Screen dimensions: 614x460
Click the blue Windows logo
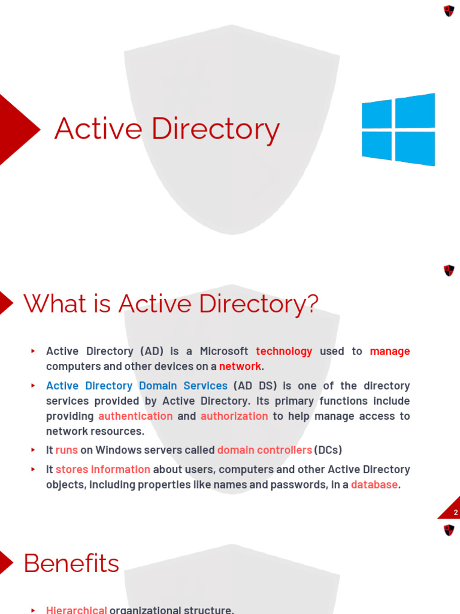pyautogui.click(x=398, y=130)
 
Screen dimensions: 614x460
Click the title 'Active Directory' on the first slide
pyautogui.click(x=167, y=130)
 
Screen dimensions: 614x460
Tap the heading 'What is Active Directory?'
pyautogui.click(x=171, y=304)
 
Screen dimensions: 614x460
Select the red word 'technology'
pyautogui.click(x=284, y=351)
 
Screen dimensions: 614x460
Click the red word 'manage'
pyautogui.click(x=390, y=351)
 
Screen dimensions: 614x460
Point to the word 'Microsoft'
pyautogui.click(x=224, y=351)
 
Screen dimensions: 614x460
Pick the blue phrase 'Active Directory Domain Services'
pyautogui.click(x=137, y=386)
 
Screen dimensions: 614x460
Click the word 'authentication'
pyautogui.click(x=135, y=416)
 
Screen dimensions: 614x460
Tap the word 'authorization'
pyautogui.click(x=234, y=416)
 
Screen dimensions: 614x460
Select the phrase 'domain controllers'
pyautogui.click(x=264, y=450)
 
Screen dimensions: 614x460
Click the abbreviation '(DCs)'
pyautogui.click(x=328, y=450)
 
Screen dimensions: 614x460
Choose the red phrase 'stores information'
pyautogui.click(x=103, y=469)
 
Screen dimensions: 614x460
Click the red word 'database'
pyautogui.click(x=374, y=484)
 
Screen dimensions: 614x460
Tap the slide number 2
pyautogui.click(x=455, y=513)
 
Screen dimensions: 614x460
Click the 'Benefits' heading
pyautogui.click(x=71, y=564)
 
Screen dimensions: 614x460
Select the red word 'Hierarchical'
pyautogui.click(x=76, y=610)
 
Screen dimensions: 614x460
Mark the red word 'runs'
pyautogui.click(x=66, y=450)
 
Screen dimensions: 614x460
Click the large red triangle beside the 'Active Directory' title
pyautogui.click(x=17, y=130)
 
